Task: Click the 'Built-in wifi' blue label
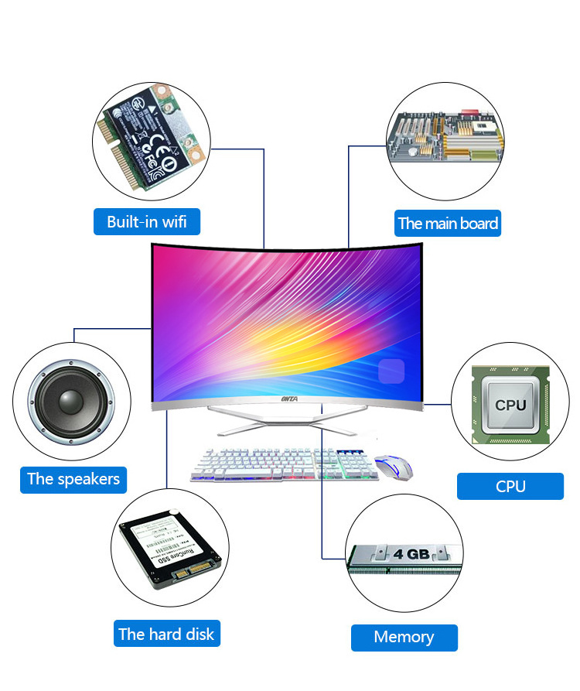pos(147,222)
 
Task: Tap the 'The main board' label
pos(448,224)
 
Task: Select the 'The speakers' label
pos(73,479)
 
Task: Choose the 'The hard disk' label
pos(166,635)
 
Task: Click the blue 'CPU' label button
pos(510,487)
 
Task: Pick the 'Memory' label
pos(404,638)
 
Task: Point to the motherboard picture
pos(445,139)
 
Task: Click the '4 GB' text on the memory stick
pos(410,554)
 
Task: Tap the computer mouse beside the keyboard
pos(394,467)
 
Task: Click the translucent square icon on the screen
pos(392,371)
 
